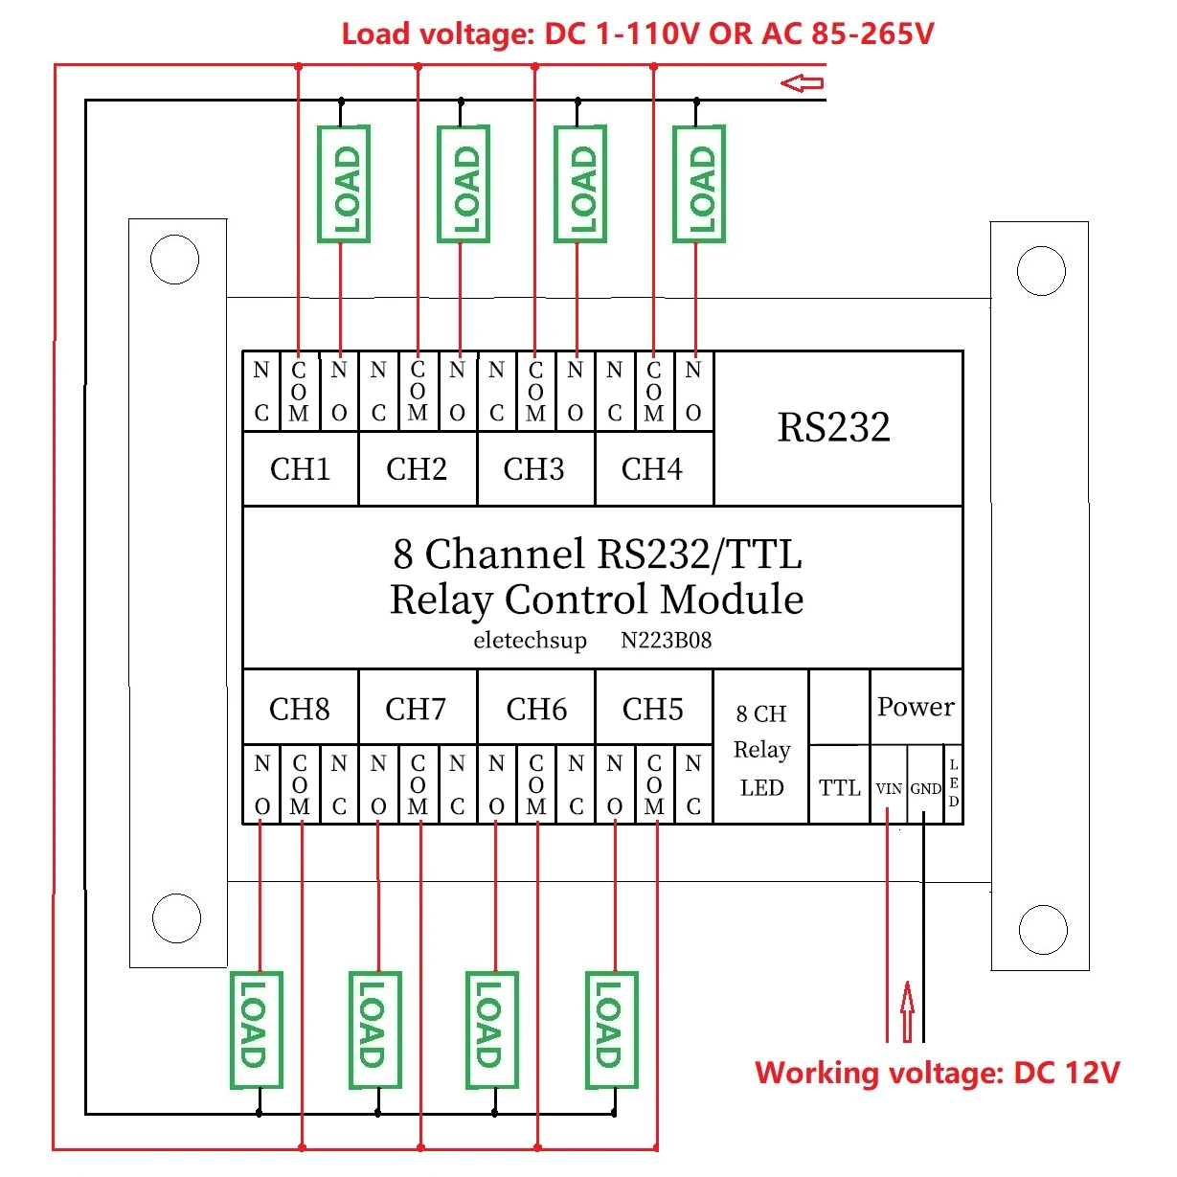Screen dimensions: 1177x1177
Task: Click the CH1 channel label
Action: tap(300, 469)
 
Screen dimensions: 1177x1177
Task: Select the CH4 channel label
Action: tap(651, 469)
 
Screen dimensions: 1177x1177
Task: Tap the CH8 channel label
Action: tap(300, 709)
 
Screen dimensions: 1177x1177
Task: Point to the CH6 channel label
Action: tap(536, 709)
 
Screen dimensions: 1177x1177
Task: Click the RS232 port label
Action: tap(833, 426)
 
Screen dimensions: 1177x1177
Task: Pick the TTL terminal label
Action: tap(839, 788)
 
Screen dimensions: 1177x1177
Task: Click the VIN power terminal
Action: tap(889, 788)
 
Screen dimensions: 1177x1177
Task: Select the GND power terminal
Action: tap(925, 788)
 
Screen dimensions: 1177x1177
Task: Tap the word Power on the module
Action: tap(916, 707)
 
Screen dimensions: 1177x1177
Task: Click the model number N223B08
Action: tap(666, 640)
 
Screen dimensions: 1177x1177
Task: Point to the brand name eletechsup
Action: tap(530, 641)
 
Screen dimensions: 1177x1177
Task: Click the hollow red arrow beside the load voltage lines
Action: tap(802, 83)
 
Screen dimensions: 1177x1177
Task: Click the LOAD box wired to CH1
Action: tap(344, 184)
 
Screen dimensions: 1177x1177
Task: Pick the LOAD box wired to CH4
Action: tap(699, 184)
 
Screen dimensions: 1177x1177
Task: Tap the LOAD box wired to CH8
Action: tap(257, 1030)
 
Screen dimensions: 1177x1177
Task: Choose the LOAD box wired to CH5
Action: tap(611, 1030)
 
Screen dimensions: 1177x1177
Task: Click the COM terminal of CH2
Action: tap(418, 392)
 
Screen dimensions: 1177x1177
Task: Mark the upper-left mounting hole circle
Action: tap(174, 260)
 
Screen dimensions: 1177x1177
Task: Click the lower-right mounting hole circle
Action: tap(1043, 930)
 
